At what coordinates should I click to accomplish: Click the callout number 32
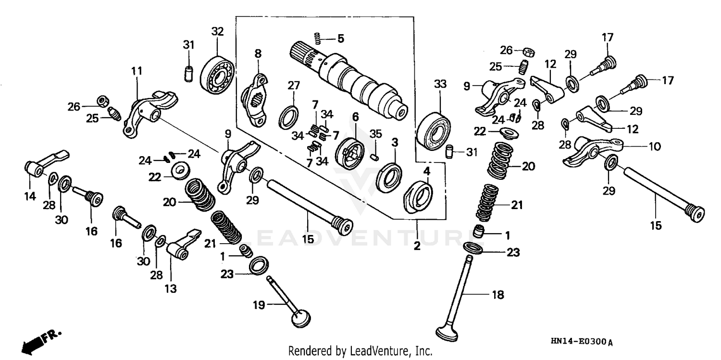(x=217, y=32)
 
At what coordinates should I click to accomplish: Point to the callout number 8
(x=258, y=54)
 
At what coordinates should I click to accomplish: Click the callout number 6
(x=356, y=117)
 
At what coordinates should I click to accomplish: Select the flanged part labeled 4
(x=417, y=196)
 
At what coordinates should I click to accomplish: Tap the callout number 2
(x=417, y=246)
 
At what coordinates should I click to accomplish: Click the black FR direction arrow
(x=32, y=343)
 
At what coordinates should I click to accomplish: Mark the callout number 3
(x=395, y=143)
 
